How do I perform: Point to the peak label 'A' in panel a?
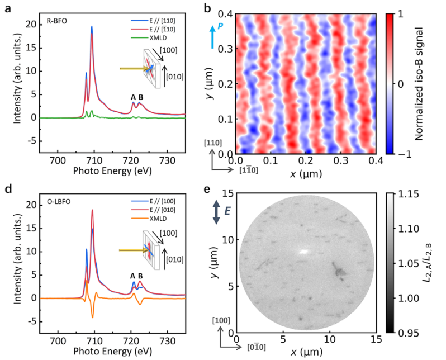[x=133, y=98]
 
